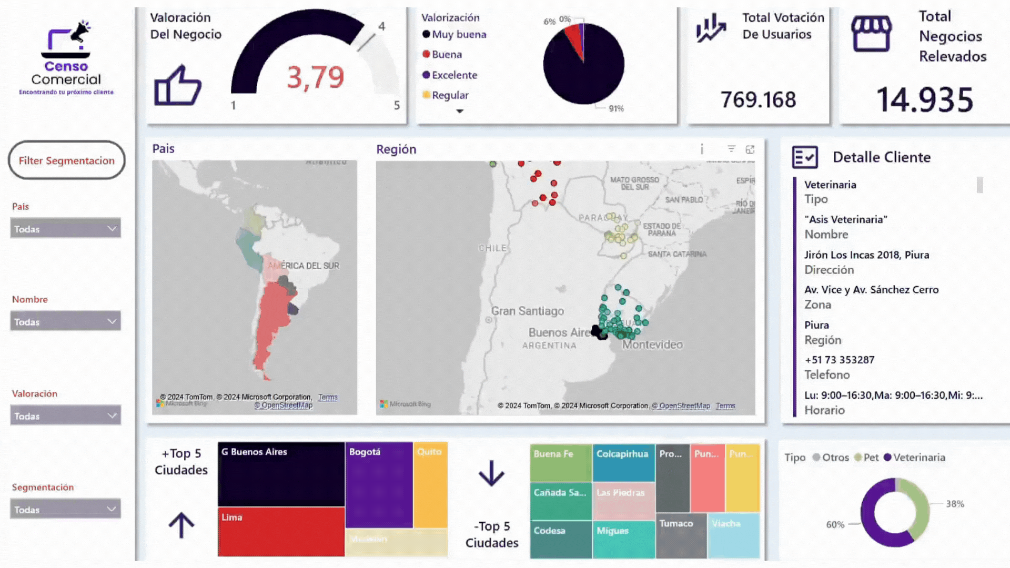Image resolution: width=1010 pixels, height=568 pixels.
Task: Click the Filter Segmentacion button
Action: pos(66,160)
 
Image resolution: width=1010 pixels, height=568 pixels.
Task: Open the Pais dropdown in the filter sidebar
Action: pos(65,229)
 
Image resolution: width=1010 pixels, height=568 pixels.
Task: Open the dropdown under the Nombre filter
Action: pos(65,321)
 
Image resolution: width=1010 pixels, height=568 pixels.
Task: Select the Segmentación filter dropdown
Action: pos(65,509)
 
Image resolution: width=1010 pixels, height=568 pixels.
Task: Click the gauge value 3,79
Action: pos(316,77)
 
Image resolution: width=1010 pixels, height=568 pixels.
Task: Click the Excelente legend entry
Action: pos(454,75)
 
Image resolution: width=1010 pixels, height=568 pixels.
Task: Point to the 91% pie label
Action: pos(616,109)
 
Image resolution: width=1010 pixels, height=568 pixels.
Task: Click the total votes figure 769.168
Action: pos(758,100)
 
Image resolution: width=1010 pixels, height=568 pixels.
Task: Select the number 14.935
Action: pos(925,100)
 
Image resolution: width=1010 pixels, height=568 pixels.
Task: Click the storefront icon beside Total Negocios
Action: pos(871,34)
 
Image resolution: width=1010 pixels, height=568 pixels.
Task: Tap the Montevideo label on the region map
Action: pos(652,345)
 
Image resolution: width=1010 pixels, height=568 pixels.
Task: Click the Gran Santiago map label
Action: pos(527,311)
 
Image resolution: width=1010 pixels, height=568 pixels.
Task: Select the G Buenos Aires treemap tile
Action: pos(281,474)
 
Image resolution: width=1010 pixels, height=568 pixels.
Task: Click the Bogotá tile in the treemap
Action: pos(379,484)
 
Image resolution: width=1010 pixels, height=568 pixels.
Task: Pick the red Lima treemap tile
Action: pos(281,531)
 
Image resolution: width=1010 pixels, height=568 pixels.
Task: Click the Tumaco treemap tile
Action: pos(681,535)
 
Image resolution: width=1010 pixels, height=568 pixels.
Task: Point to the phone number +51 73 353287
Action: pos(840,360)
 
